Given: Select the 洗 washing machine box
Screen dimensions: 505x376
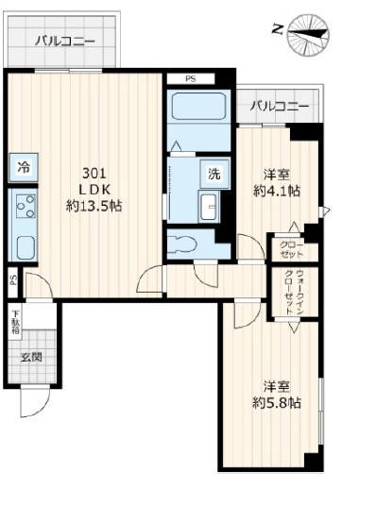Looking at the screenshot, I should (x=214, y=174).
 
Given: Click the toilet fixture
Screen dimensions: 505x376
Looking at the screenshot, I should (x=185, y=244).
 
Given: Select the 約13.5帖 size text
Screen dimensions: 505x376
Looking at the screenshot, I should (x=94, y=205).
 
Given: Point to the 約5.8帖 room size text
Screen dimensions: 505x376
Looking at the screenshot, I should (x=277, y=402).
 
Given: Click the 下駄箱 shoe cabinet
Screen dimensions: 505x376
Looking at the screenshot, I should (x=16, y=322).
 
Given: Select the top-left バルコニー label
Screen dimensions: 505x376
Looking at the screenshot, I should (x=64, y=41).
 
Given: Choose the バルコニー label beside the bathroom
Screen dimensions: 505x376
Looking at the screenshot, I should (x=280, y=106).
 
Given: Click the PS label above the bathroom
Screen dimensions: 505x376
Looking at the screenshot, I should (x=190, y=78).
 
